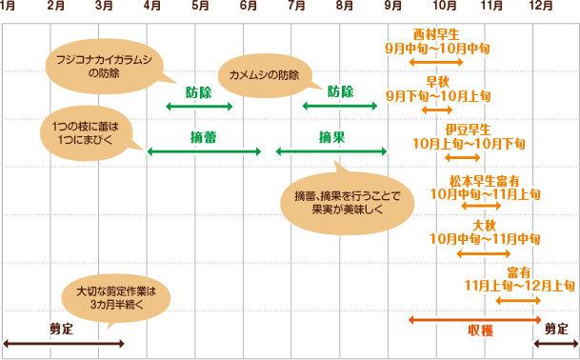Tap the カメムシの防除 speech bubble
pos(259,74)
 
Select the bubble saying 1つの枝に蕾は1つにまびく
pos(87,131)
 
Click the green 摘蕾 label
pos(203,137)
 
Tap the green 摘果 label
pos(331,137)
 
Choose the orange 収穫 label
pos(480,330)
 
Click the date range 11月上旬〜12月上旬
pos(518,285)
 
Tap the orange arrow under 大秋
pos(485,252)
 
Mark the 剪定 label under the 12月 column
pos(556,328)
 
